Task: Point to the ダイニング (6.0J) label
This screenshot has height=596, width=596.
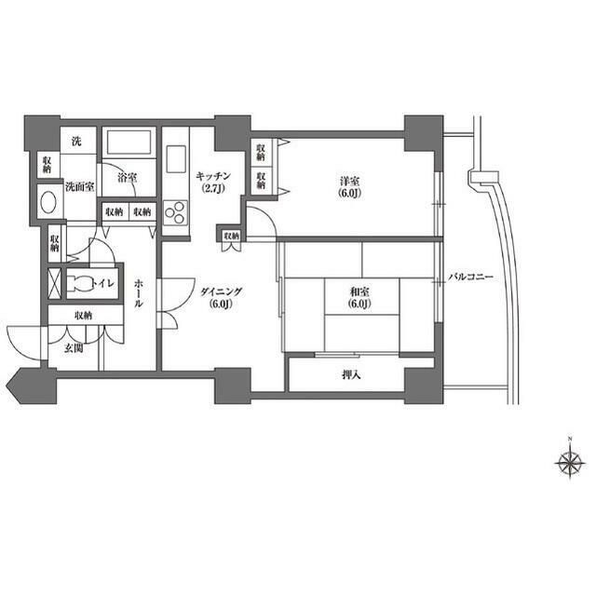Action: coord(221,296)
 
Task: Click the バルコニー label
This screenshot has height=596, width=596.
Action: coord(470,278)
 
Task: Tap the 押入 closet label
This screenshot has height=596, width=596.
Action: coord(351,376)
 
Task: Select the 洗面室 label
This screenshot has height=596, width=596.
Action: coord(80,187)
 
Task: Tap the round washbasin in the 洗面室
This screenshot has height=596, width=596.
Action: coord(47,203)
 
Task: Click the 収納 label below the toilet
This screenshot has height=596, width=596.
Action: coord(83,316)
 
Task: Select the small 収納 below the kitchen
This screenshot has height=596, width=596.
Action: coord(231,237)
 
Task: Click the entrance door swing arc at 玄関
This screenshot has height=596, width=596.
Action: coord(24,337)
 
